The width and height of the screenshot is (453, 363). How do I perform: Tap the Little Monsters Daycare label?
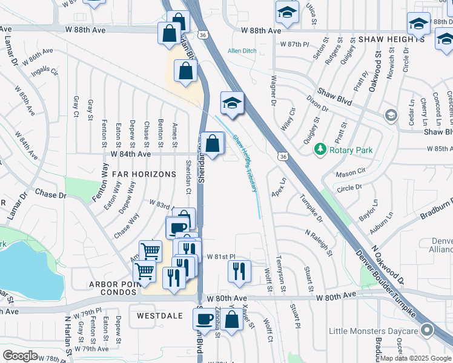pyautogui.click(x=374, y=331)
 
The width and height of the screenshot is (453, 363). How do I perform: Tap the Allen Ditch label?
pyautogui.click(x=242, y=51)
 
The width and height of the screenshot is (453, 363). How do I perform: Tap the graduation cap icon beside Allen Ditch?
pyautogui.click(x=231, y=103)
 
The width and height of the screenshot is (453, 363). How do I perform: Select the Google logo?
pyautogui.click(x=21, y=356)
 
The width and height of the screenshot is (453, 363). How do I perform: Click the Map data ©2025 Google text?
pyautogui.click(x=415, y=358)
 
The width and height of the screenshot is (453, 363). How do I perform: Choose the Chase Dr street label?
pyautogui.click(x=50, y=195)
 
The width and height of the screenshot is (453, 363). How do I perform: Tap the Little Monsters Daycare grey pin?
pyautogui.click(x=428, y=330)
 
